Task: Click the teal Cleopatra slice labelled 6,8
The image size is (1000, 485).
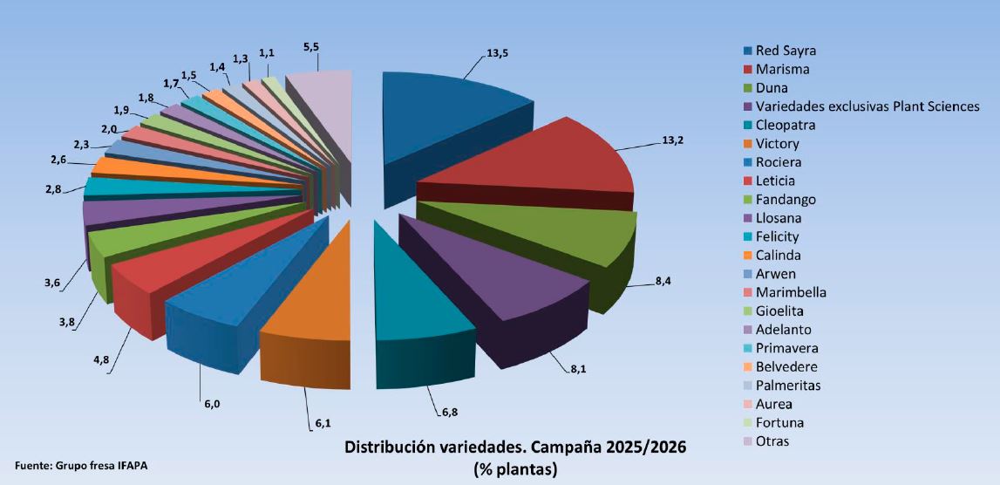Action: pyautogui.click(x=418, y=297)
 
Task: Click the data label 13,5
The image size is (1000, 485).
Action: pyautogui.click(x=498, y=53)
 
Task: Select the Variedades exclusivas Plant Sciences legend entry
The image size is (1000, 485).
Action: pyautogui.click(x=859, y=106)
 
